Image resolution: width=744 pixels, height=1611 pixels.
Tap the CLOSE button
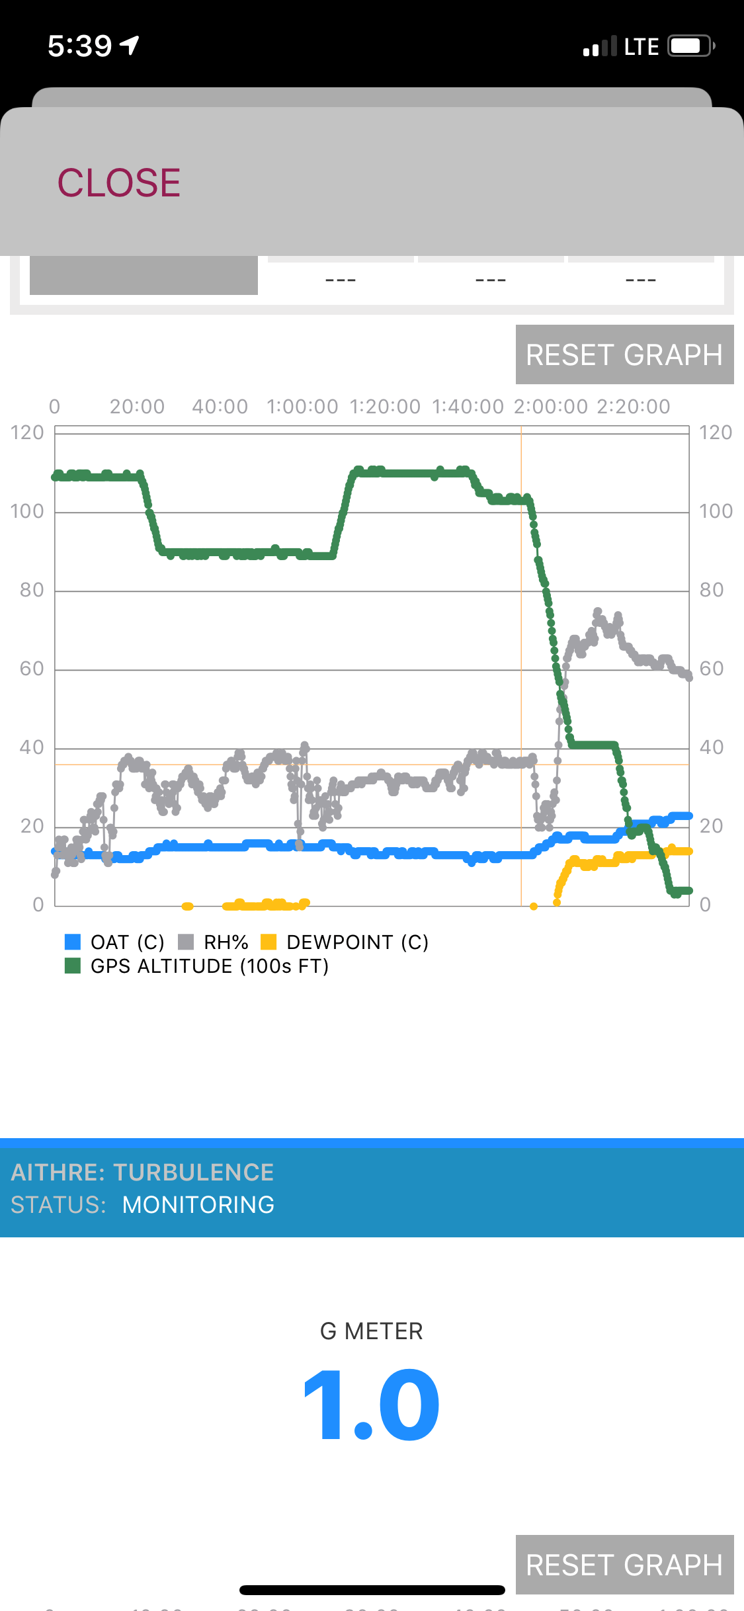[x=119, y=183]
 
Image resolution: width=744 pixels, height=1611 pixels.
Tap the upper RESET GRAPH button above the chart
[x=624, y=354]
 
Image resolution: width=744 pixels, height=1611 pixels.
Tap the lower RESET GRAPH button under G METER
[x=624, y=1565]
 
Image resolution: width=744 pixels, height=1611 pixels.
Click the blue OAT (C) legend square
[x=73, y=941]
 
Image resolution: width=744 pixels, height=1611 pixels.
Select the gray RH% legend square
[x=186, y=941]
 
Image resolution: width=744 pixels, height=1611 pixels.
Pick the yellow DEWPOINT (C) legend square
[x=269, y=941]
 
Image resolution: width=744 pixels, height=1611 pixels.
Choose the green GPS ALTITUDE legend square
[x=73, y=966]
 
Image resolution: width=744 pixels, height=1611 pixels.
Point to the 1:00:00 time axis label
[x=302, y=406]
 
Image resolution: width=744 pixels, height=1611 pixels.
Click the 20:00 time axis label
[x=137, y=406]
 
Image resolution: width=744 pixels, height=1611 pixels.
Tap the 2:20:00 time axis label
[x=633, y=406]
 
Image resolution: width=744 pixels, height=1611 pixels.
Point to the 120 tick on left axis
[x=27, y=433]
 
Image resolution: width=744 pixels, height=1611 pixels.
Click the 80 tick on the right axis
[x=712, y=590]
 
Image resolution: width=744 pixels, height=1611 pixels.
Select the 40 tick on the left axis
[x=31, y=747]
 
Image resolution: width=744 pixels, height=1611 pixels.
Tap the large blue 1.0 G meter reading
[x=372, y=1405]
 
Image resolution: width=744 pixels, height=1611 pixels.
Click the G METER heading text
[x=372, y=1331]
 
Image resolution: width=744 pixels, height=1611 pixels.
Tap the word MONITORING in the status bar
[x=198, y=1205]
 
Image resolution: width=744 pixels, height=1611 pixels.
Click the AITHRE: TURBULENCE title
[x=142, y=1173]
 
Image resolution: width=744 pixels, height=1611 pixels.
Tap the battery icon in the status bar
[x=690, y=46]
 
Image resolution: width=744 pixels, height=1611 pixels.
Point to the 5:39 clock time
[x=80, y=46]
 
